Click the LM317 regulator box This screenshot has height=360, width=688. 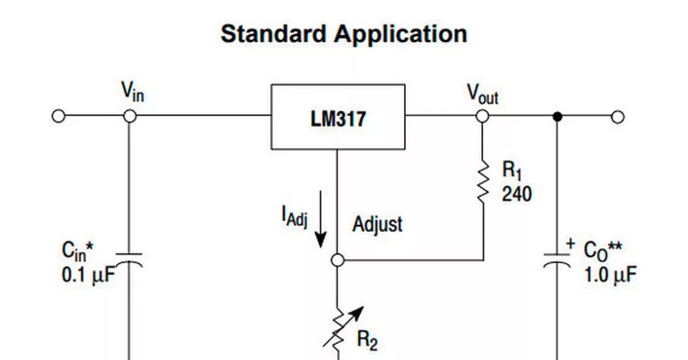click(x=338, y=117)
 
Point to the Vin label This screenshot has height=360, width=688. click(x=132, y=91)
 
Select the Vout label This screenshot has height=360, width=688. click(x=482, y=93)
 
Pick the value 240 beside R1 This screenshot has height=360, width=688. click(x=517, y=194)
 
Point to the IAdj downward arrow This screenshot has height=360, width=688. click(x=320, y=221)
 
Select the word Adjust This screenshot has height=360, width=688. click(x=377, y=224)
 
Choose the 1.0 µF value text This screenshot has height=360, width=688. click(x=610, y=275)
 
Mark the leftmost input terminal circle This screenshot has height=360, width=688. click(x=58, y=116)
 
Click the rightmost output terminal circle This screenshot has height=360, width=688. click(x=617, y=117)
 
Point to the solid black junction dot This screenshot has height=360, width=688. click(x=556, y=116)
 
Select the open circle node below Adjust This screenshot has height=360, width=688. click(x=338, y=260)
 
